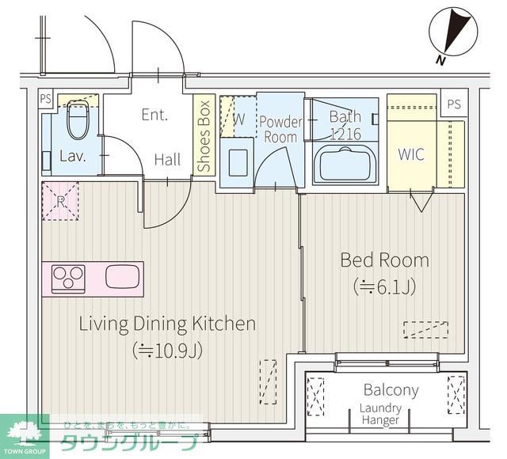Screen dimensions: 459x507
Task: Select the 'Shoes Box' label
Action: tap(204, 135)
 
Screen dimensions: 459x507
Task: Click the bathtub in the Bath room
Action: tap(345, 165)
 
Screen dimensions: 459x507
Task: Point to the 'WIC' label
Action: tap(410, 154)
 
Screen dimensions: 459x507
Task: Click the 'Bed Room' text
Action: tap(384, 260)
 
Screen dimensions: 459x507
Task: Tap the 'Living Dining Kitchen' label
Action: tap(166, 324)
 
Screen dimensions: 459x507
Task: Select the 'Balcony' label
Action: tap(391, 390)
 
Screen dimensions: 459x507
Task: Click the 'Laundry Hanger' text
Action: tap(380, 414)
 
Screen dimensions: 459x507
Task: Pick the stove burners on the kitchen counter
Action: tap(69, 278)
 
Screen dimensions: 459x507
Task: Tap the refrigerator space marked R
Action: tap(60, 200)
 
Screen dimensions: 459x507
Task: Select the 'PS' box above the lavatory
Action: tap(45, 100)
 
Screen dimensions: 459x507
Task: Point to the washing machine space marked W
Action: tap(237, 121)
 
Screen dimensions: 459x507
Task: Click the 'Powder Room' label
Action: tap(280, 129)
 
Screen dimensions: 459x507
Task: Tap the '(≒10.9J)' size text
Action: tap(167, 349)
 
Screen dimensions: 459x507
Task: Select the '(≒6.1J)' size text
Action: tap(384, 286)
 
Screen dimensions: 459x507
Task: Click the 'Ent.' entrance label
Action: tap(154, 115)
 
